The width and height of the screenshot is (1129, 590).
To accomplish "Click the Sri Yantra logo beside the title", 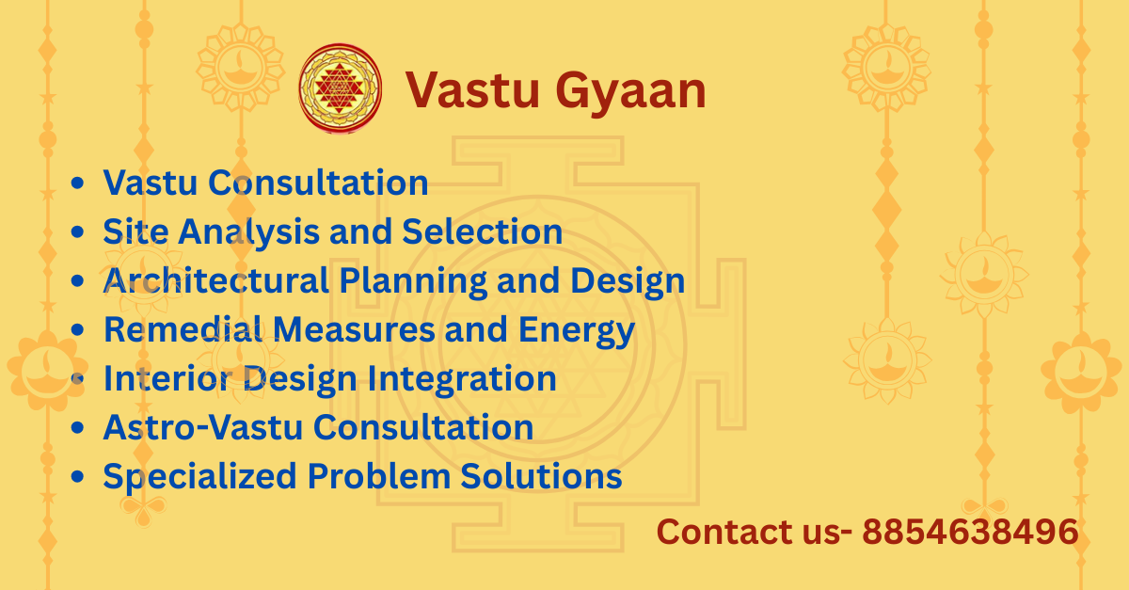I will click(341, 88).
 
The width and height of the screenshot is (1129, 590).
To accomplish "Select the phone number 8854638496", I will click(970, 532).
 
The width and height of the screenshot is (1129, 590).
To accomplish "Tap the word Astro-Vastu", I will click(202, 427).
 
